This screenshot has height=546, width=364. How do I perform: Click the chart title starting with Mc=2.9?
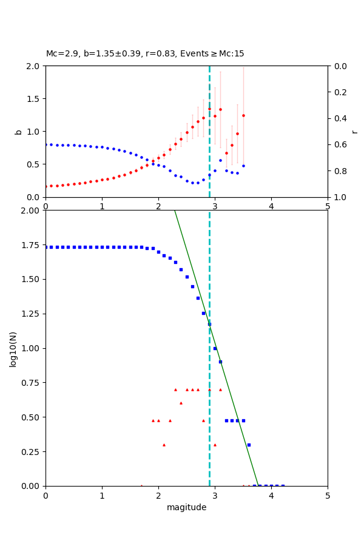coord(145,54)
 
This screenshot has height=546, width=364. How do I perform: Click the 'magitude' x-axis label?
coord(186,508)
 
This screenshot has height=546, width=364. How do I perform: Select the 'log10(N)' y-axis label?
coord(13,348)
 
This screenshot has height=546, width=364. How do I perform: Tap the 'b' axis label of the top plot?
coord(18,131)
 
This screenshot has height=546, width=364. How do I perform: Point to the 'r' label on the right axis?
coord(354,131)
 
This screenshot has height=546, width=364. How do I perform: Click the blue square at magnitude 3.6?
coord(249,445)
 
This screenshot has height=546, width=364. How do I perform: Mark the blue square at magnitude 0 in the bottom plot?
coord(46,247)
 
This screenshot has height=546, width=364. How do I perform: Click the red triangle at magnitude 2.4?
coord(181,403)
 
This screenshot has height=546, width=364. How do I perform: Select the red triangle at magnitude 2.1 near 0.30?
coord(164,445)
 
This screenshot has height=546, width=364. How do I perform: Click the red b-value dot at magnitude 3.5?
coord(243,115)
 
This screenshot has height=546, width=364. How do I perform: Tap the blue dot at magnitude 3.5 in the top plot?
coord(243,166)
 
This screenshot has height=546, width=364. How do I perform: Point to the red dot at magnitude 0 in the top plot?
coord(46,186)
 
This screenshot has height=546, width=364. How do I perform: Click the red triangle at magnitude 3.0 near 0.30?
coord(215,445)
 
